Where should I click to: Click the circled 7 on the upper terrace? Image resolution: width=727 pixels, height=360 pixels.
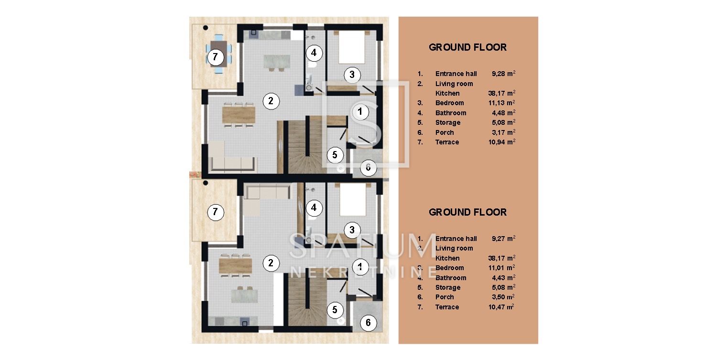pyautogui.click(x=215, y=57)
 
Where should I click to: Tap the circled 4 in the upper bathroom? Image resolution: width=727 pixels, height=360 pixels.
pyautogui.click(x=314, y=53)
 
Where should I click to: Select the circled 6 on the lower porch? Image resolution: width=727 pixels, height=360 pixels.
pyautogui.click(x=368, y=322)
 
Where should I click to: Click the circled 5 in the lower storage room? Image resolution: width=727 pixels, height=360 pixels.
pyautogui.click(x=335, y=310)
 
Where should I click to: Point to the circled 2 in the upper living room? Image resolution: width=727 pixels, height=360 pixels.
pyautogui.click(x=271, y=101)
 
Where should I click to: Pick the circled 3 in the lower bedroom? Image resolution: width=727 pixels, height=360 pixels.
pyautogui.click(x=352, y=230)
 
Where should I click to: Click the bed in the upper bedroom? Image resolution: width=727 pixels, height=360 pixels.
pyautogui.click(x=352, y=47)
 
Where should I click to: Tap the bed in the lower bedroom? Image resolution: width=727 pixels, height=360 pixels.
pyautogui.click(x=352, y=200)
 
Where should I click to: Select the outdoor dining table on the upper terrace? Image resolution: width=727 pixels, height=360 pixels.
pyautogui.click(x=218, y=54)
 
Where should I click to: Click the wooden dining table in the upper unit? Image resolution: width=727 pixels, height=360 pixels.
pyautogui.click(x=239, y=115)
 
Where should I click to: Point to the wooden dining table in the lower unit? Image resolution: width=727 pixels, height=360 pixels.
pyautogui.click(x=236, y=265)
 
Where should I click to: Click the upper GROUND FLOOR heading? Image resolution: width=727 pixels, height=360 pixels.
pyautogui.click(x=467, y=47)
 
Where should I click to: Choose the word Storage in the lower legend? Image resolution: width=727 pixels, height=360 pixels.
pyautogui.click(x=448, y=287)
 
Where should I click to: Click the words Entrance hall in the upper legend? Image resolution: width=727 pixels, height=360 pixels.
pyautogui.click(x=456, y=74)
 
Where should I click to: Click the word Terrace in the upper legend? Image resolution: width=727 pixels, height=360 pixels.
pyautogui.click(x=447, y=142)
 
